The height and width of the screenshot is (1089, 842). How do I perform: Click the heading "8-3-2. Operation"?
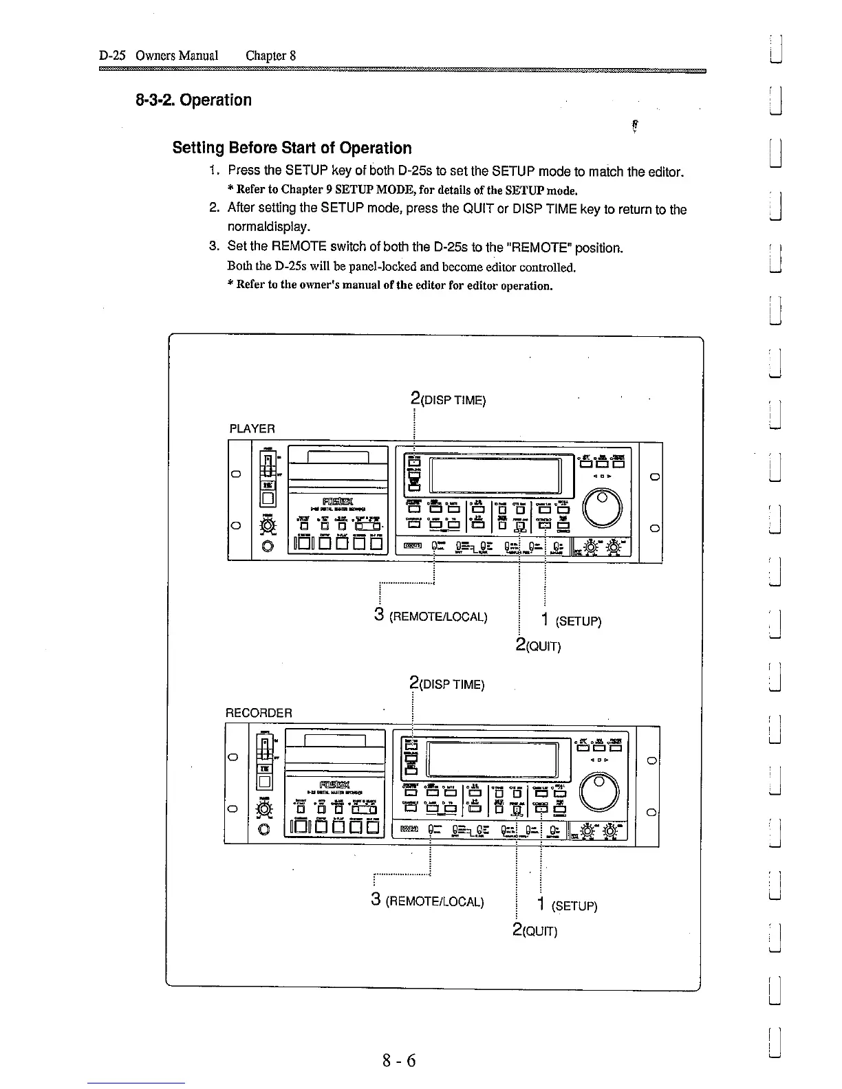[193, 100]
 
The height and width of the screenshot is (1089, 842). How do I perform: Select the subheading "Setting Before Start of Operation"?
[292, 148]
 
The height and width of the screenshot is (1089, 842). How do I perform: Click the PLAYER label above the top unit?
[252, 429]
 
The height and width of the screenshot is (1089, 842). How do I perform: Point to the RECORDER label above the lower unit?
[259, 712]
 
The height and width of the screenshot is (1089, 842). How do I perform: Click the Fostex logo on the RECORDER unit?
[334, 784]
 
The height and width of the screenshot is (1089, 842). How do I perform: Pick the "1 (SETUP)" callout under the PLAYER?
[571, 621]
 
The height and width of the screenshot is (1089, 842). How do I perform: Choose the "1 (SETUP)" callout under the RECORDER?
[568, 905]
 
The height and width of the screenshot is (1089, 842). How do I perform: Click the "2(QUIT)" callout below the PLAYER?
[538, 646]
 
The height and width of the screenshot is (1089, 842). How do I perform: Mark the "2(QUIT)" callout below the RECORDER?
[535, 930]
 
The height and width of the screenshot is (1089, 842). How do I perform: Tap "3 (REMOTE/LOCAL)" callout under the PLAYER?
[431, 615]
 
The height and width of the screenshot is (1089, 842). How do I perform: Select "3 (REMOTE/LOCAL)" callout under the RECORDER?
[427, 901]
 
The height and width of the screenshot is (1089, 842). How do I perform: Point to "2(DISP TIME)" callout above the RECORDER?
[446, 684]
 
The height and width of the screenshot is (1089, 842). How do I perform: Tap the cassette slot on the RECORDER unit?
[334, 740]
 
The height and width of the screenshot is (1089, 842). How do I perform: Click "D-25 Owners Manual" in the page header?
[159, 55]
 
